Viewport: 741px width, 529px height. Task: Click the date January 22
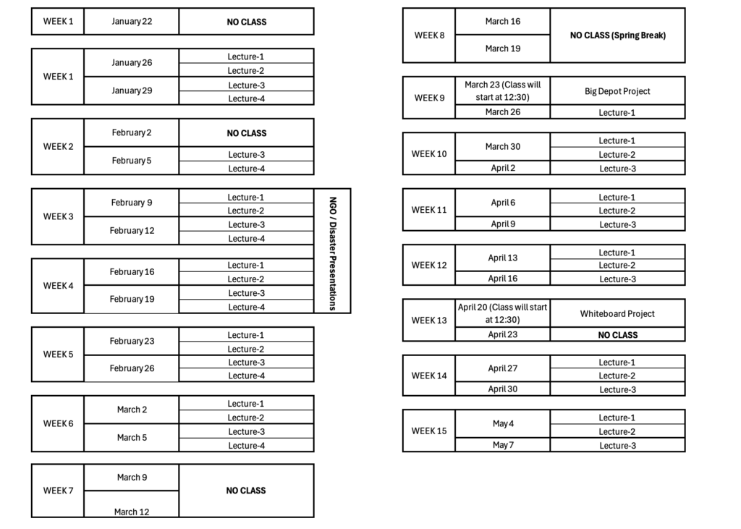pos(132,21)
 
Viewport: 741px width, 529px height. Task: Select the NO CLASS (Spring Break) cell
pos(618,35)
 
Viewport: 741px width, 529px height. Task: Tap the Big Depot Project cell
pos(617,91)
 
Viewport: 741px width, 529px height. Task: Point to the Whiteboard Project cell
pos(617,313)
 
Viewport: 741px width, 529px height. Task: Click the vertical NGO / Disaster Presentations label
pos(332,253)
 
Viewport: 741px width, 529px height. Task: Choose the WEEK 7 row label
pos(58,491)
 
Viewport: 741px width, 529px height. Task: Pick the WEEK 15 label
pos(429,431)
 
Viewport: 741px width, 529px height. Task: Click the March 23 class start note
pos(503,90)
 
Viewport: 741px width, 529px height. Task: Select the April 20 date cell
pos(503,313)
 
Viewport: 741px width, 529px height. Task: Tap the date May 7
pos(503,445)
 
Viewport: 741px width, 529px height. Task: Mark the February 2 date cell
pos(132,132)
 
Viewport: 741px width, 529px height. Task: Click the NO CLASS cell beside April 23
pos(618,335)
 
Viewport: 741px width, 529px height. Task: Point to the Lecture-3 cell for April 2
pos(618,169)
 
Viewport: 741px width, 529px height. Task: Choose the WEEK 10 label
pos(429,153)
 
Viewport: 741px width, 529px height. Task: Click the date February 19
pos(132,299)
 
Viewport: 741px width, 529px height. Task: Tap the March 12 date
pos(132,512)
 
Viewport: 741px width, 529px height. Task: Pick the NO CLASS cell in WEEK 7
pos(246,491)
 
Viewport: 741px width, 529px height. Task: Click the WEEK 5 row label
pos(58,354)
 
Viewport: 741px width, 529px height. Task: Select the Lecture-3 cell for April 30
pos(618,389)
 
